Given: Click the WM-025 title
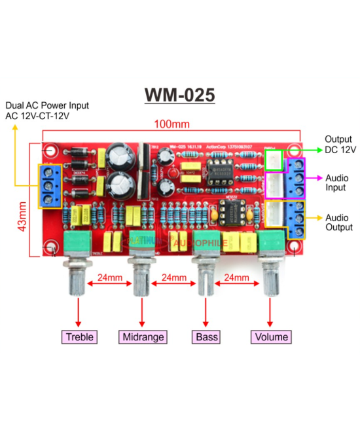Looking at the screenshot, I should [179, 96].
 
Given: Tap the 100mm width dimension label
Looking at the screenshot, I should [171, 124].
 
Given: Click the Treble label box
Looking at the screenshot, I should [79, 337].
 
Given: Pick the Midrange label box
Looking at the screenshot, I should [143, 337].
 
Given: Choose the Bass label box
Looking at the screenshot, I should [206, 337].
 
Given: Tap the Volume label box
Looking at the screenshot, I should [270, 337].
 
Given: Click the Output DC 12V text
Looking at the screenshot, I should [340, 145].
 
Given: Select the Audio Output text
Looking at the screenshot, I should [338, 223].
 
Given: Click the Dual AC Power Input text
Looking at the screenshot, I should [47, 110].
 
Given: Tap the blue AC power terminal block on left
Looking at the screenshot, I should [48, 185].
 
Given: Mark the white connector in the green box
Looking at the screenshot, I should [274, 159].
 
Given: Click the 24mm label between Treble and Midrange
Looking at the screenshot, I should [109, 278].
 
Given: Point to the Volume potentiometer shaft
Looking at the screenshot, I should [270, 281].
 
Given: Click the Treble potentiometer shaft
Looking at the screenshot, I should [79, 281].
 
